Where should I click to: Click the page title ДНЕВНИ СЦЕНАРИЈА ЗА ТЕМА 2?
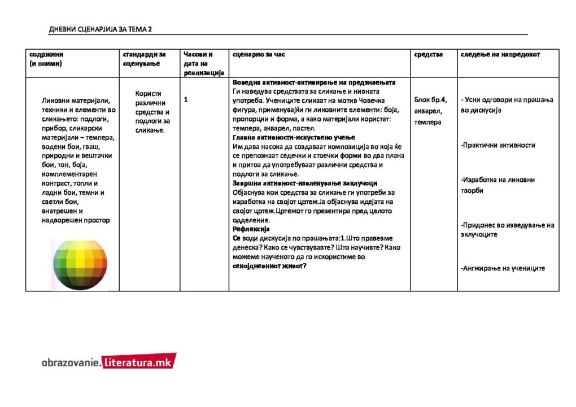tap(101, 29)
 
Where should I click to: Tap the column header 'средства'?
tap(428, 55)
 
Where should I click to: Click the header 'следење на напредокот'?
tap(500, 55)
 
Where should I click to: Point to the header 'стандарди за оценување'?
tap(144, 59)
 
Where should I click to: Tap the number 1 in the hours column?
tap(186, 100)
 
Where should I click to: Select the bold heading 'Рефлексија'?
tap(251, 229)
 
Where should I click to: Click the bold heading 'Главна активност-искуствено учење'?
tap(294, 138)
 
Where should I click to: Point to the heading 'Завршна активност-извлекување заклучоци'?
tap(305, 183)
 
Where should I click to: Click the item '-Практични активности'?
tap(498, 145)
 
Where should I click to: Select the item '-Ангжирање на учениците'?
tap(503, 268)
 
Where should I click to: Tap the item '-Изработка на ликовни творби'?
tap(498, 185)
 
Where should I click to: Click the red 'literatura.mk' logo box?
tap(138, 362)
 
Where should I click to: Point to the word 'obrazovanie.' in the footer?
tap(71, 362)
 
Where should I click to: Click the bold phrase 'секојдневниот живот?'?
tap(269, 266)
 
